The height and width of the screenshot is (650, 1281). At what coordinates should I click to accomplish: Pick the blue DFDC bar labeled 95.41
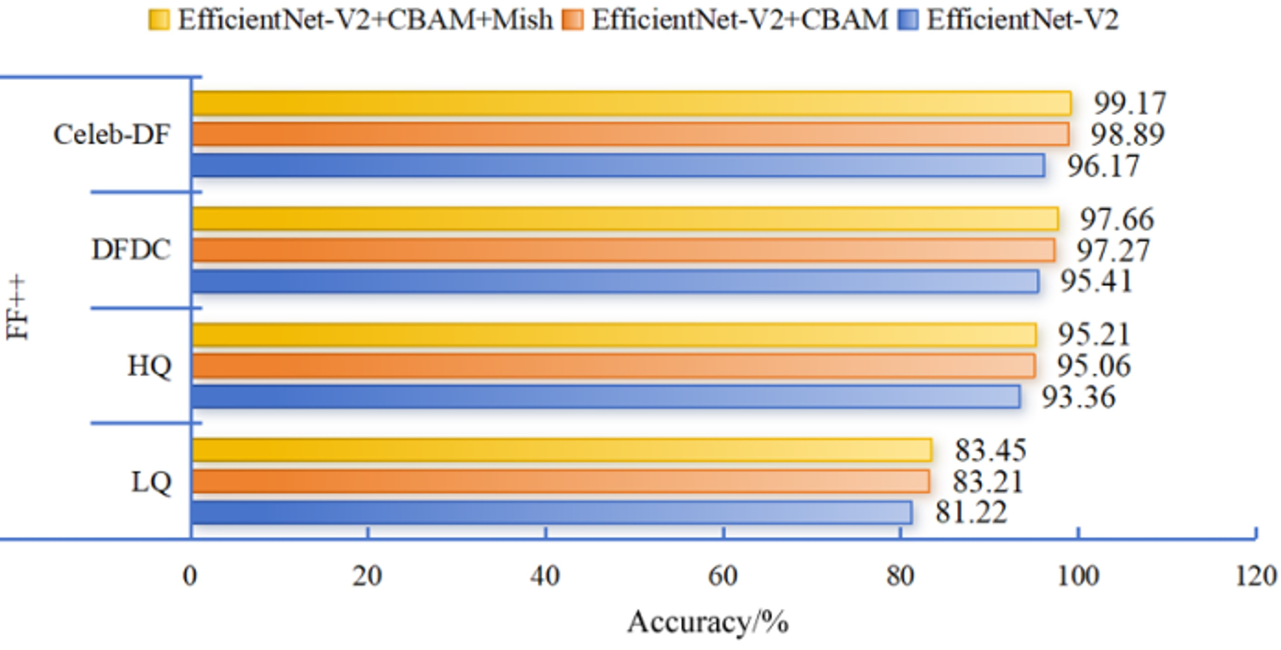click(615, 281)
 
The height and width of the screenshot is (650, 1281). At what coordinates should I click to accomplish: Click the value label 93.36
click(1078, 397)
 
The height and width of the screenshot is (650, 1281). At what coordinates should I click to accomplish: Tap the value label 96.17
click(1103, 166)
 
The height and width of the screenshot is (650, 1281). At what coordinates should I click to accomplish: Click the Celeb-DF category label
click(112, 135)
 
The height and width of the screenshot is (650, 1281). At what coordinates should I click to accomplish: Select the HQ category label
click(150, 366)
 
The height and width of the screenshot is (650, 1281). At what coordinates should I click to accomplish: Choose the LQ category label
click(151, 482)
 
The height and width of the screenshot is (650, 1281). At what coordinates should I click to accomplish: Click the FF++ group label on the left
click(18, 308)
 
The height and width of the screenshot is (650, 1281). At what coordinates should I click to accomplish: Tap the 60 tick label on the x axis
click(723, 576)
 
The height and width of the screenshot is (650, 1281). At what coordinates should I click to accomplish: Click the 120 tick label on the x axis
click(1256, 576)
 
